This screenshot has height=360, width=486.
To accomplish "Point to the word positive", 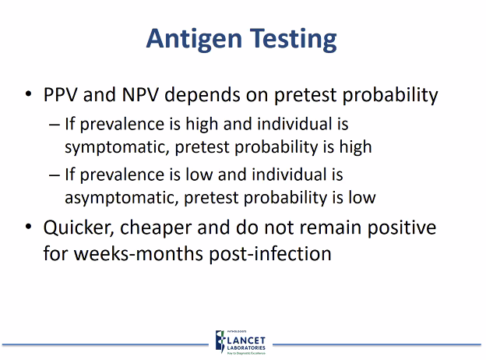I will click(x=402, y=228).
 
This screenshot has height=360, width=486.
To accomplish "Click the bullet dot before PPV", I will click(x=29, y=96).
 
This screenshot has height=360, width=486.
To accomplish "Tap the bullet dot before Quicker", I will click(x=29, y=228).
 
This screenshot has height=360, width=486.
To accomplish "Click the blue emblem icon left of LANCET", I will click(x=220, y=341).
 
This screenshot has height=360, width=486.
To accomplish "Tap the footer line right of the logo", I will click(x=374, y=342).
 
